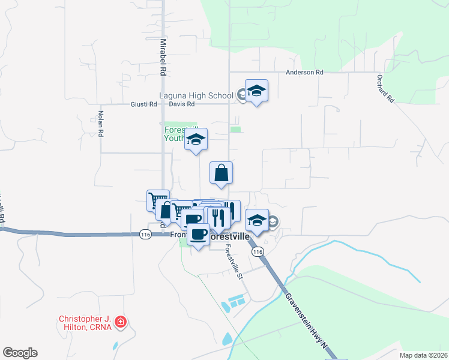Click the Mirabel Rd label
pyautogui.click(x=162, y=57)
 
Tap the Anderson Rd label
pyautogui.click(x=304, y=72)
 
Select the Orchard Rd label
pyautogui.click(x=385, y=89)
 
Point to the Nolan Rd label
pyautogui.click(x=101, y=123)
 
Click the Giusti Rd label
pyautogui.click(x=143, y=104)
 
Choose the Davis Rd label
pyautogui.click(x=182, y=104)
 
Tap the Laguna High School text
pyautogui.click(x=196, y=95)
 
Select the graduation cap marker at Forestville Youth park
pyautogui.click(x=196, y=140)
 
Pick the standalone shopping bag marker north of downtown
pyautogui.click(x=221, y=173)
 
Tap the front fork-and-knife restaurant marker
pyautogui.click(x=217, y=217)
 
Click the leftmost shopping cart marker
pyautogui.click(x=158, y=200)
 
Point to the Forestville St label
pyautogui.click(x=233, y=265)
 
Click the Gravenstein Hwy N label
pyautogui.click(x=306, y=319)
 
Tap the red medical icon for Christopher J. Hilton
pyautogui.click(x=121, y=322)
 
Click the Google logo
pyautogui.click(x=20, y=353)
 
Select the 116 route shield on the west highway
pyautogui.click(x=145, y=233)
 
